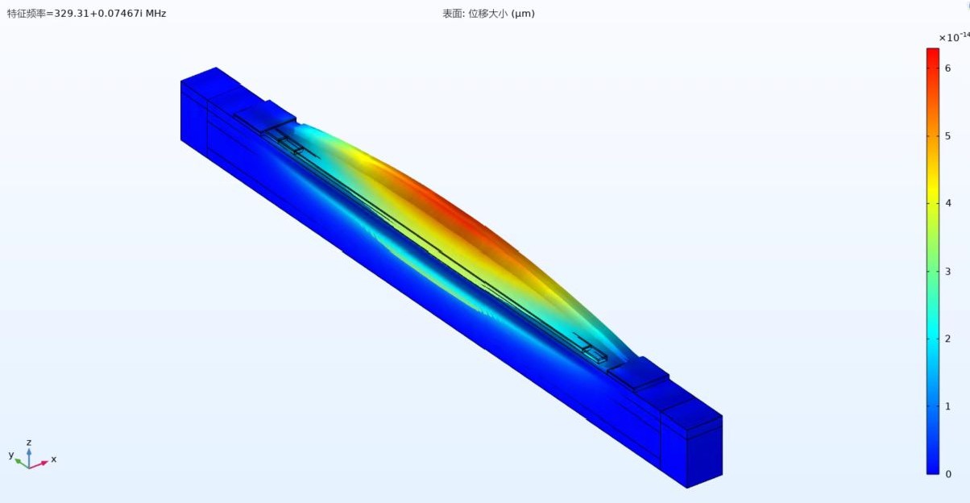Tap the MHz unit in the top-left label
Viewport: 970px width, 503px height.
[x=156, y=14]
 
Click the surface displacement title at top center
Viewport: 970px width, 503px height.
[x=488, y=14]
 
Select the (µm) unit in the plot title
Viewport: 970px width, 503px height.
[x=523, y=14]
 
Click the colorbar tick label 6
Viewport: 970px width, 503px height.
[x=948, y=68]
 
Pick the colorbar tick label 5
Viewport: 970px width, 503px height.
[x=948, y=136]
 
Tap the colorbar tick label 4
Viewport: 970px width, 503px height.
[x=948, y=203]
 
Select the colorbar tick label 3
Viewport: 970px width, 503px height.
[x=948, y=271]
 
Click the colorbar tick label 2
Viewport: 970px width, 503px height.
[x=948, y=339]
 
